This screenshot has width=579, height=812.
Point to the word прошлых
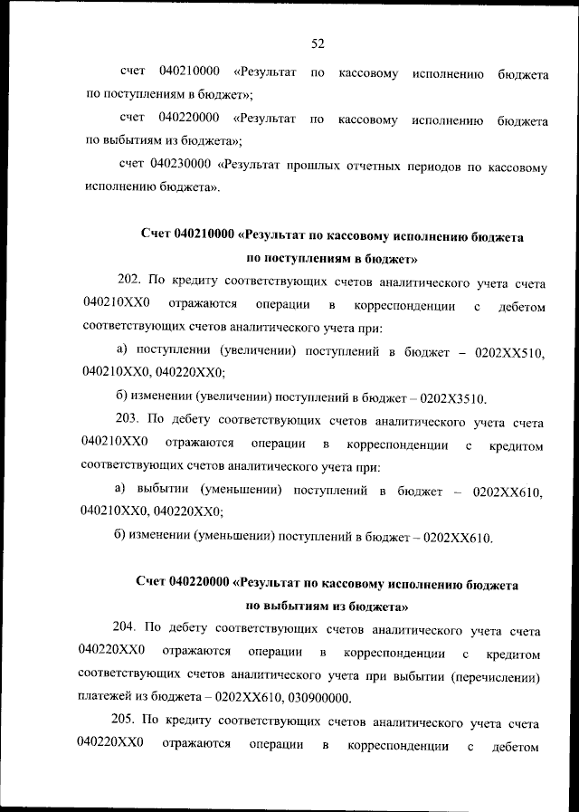312,166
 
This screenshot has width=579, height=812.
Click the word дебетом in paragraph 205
517,748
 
